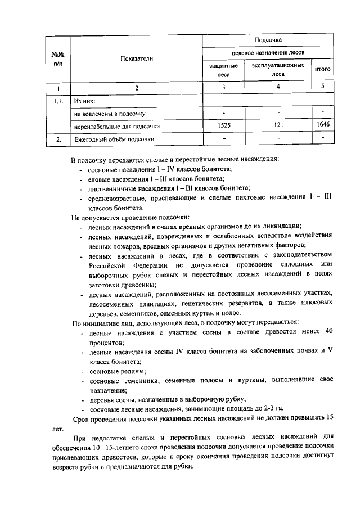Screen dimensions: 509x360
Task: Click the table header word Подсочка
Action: click(264, 40)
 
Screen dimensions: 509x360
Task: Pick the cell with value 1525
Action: click(223, 126)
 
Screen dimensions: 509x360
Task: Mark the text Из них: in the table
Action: click(85, 101)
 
